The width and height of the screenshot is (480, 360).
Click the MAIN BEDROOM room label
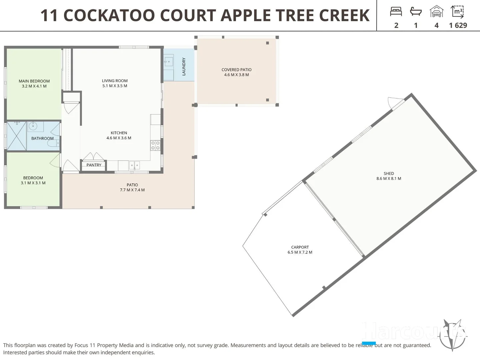tap(34, 81)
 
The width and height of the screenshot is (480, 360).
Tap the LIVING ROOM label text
tap(115, 81)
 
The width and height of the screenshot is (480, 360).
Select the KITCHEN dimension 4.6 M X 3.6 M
tap(119, 138)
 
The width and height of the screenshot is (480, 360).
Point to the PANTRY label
tap(94, 165)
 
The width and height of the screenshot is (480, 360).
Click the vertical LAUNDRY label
tap(184, 67)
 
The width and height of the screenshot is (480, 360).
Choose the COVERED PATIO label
tap(236, 70)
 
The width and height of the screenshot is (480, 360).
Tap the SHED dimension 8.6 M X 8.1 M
tap(389, 179)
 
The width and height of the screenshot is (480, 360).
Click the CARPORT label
tap(300, 247)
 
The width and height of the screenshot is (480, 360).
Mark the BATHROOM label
tap(42, 138)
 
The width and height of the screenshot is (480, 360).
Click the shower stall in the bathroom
tap(16, 136)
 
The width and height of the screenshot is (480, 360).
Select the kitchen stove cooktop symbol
tap(155, 145)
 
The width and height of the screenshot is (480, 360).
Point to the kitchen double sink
tap(134, 165)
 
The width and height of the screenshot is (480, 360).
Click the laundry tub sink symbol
tap(168, 62)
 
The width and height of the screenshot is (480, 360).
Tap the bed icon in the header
tap(396, 12)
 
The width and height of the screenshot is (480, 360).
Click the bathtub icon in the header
tap(416, 12)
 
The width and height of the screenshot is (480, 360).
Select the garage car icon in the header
tap(436, 12)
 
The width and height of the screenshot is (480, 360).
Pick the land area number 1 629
tap(458, 25)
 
